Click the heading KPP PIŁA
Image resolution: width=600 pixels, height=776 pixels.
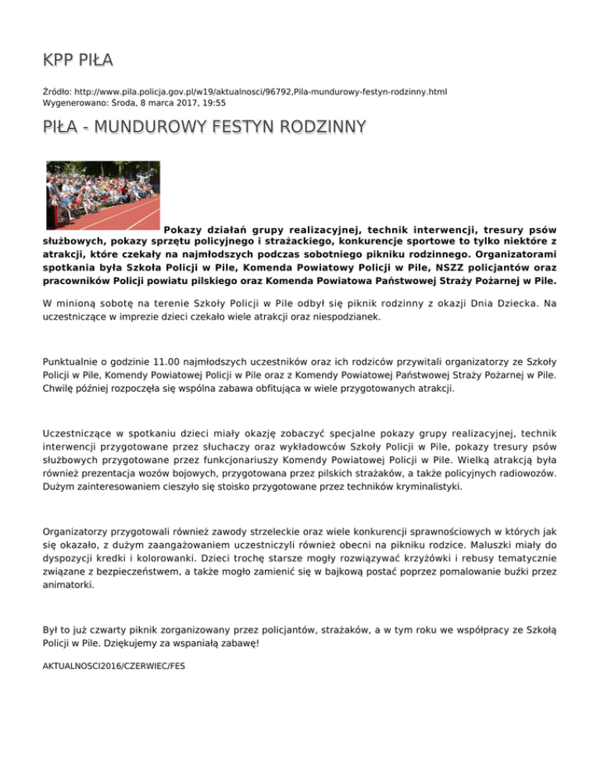point(79,60)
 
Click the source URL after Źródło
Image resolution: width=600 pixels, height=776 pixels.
point(261,91)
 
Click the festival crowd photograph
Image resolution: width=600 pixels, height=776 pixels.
point(102,194)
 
